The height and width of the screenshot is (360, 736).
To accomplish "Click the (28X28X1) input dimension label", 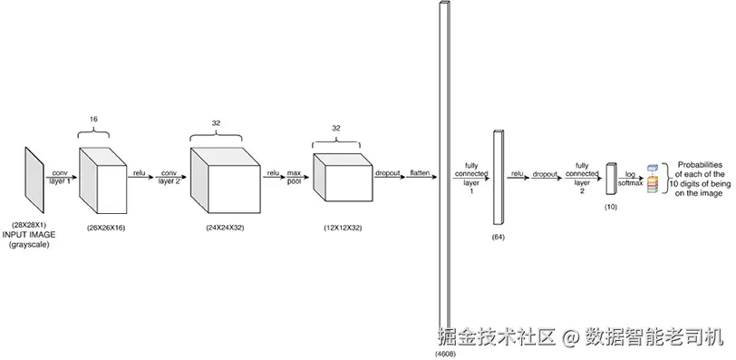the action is pyautogui.click(x=29, y=225).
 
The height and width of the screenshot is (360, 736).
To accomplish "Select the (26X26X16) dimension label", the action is pyautogui.click(x=106, y=228).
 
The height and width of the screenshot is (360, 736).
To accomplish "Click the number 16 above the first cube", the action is pyautogui.click(x=93, y=119).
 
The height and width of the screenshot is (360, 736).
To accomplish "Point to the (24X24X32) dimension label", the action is pyautogui.click(x=225, y=228).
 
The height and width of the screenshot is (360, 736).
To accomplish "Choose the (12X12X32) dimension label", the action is pyautogui.click(x=343, y=228).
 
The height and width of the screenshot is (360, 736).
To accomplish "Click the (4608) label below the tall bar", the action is pyautogui.click(x=445, y=353).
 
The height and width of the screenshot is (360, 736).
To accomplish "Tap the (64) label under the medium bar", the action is pyautogui.click(x=498, y=237).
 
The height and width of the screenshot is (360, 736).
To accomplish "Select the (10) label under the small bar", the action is pyautogui.click(x=611, y=207).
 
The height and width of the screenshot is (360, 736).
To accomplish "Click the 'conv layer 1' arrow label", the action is pyautogui.click(x=60, y=177).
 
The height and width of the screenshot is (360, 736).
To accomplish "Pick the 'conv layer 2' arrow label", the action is pyautogui.click(x=169, y=177).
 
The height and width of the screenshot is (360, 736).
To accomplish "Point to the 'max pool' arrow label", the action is pyautogui.click(x=295, y=177).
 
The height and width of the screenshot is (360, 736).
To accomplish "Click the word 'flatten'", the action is pyautogui.click(x=420, y=173).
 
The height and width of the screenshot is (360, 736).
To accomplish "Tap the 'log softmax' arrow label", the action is pyautogui.click(x=630, y=179).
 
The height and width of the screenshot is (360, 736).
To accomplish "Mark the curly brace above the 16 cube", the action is pyautogui.click(x=93, y=132).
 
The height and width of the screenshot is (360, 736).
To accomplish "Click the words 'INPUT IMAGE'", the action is pyautogui.click(x=29, y=235).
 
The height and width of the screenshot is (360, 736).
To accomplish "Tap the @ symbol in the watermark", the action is pyautogui.click(x=571, y=336).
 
